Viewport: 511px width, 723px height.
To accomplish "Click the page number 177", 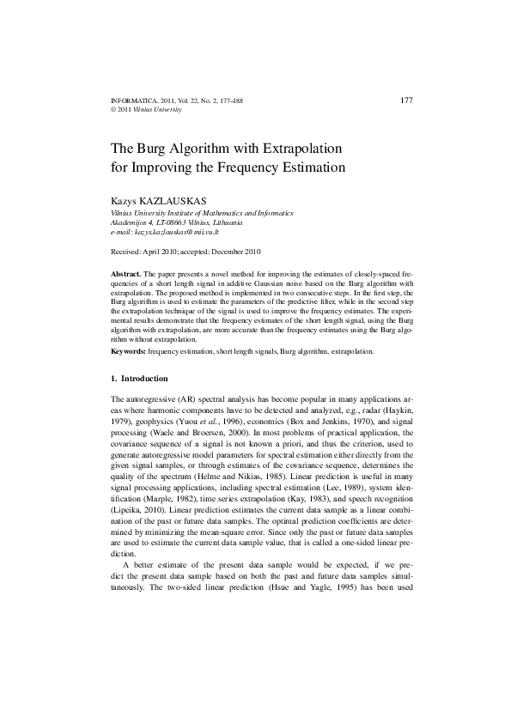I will click(x=407, y=100).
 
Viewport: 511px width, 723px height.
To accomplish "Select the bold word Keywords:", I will click(x=129, y=352).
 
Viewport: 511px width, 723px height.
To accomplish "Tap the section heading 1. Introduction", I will click(x=140, y=379).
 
